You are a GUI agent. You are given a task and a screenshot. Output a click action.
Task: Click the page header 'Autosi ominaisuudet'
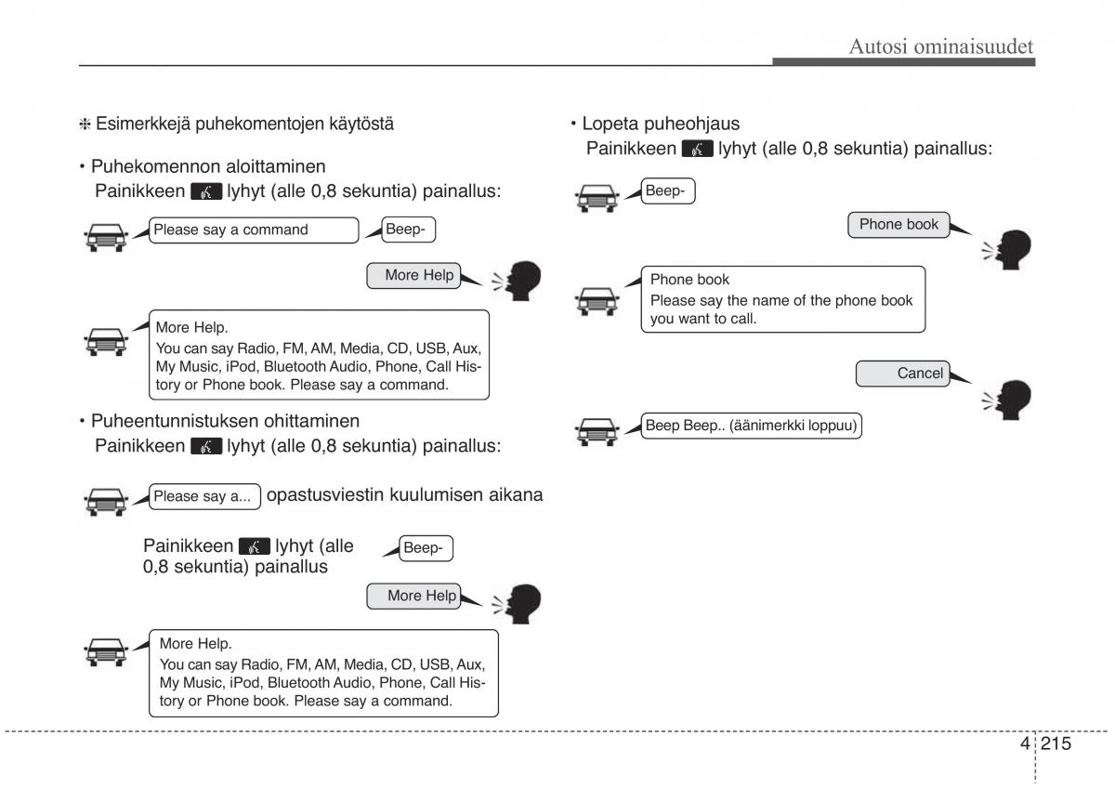click(x=940, y=46)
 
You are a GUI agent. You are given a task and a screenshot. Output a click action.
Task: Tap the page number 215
click(x=1056, y=743)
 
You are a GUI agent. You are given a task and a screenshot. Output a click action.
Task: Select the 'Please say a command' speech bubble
click(x=253, y=230)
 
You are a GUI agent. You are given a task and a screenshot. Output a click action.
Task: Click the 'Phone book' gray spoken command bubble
click(x=898, y=224)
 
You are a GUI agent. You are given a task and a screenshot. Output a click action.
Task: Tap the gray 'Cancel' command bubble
click(x=902, y=374)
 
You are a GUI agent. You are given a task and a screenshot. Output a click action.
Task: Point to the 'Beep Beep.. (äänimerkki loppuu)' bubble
click(x=752, y=427)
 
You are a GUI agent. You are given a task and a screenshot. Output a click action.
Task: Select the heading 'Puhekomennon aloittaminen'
click(x=208, y=167)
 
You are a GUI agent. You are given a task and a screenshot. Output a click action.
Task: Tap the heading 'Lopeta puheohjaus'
click(x=661, y=124)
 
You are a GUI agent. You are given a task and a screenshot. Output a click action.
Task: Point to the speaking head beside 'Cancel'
click(x=1009, y=400)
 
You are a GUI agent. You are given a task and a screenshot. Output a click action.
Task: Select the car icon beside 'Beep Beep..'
click(x=597, y=429)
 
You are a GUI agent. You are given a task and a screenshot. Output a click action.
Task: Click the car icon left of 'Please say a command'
click(x=105, y=237)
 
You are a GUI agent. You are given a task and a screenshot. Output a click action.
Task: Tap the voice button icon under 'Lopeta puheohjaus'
click(x=697, y=149)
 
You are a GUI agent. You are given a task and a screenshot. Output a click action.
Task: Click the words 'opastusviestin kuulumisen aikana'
click(x=404, y=495)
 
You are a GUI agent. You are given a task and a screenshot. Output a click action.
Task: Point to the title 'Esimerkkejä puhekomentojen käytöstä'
click(x=244, y=123)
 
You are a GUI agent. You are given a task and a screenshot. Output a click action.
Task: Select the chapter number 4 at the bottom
click(x=1024, y=743)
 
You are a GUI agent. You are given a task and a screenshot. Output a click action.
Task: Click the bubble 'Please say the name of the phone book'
click(x=782, y=299)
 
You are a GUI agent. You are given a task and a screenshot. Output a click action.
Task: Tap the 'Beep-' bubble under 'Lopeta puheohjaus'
click(x=668, y=191)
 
